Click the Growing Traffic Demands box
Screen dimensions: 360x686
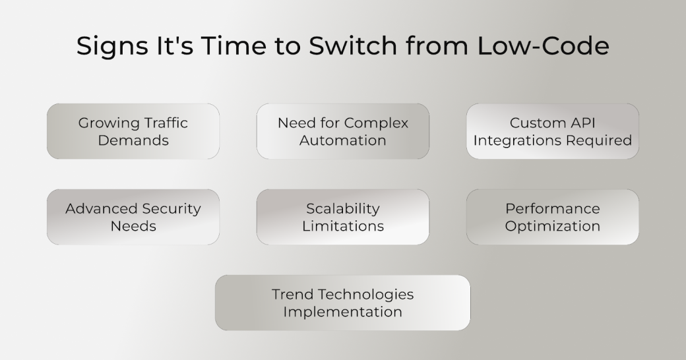[133, 131]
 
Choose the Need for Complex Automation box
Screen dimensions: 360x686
[342, 131]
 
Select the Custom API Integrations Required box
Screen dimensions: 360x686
[552, 131]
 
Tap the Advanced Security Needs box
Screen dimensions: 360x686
[133, 217]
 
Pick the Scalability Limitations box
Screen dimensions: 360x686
[342, 217]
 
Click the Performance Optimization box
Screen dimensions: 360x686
[552, 217]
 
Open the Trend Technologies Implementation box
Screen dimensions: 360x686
[342, 303]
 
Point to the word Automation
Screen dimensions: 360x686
[342, 140]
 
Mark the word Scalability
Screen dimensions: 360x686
[342, 209]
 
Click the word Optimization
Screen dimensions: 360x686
[552, 226]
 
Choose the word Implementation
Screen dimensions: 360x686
[342, 312]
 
